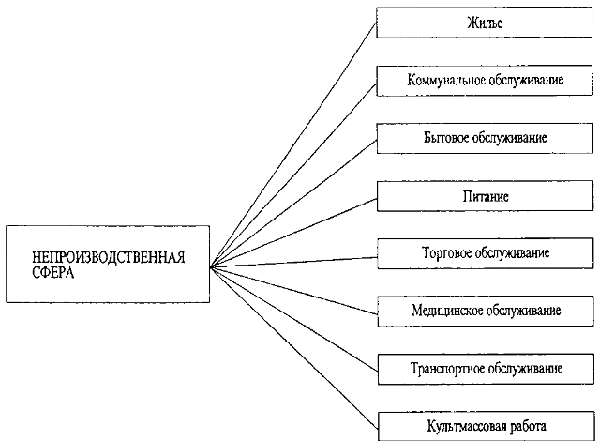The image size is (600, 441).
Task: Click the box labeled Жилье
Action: tap(485, 23)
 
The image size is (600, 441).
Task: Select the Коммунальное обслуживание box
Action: tap(485, 81)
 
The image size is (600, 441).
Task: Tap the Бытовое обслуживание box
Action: tap(485, 138)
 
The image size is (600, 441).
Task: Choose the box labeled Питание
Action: tap(486, 196)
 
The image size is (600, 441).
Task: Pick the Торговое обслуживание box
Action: tap(486, 253)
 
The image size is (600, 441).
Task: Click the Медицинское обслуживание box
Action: tap(486, 312)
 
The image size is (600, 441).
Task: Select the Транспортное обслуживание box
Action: tap(486, 369)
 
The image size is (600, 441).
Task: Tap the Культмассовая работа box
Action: tap(487, 426)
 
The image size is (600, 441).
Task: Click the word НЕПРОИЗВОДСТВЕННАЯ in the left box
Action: tap(109, 257)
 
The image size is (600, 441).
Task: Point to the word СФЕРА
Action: tap(53, 272)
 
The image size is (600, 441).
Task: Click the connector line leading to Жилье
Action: tap(293, 144)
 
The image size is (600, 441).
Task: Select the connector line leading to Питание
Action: tap(293, 233)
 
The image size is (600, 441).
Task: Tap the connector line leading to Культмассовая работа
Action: tap(294, 348)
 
